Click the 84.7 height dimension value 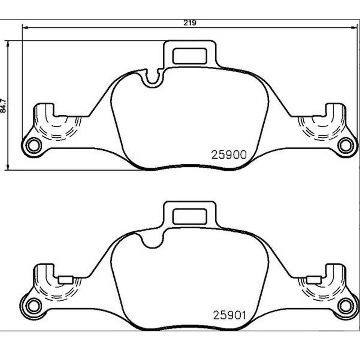click(x=4, y=106)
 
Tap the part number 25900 click(x=229, y=155)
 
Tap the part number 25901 click(x=229, y=315)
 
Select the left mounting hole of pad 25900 click(x=34, y=145)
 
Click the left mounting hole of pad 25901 click(x=34, y=305)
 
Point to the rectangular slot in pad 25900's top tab click(x=190, y=56)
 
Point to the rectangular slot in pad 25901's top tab click(x=190, y=216)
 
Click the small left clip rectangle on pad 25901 click(x=66, y=279)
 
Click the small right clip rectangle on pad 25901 click(x=313, y=279)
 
